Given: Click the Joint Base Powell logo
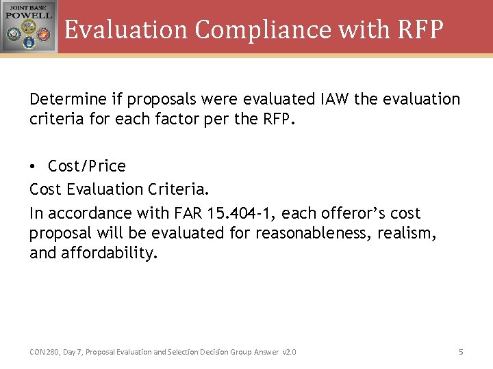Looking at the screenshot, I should tap(29, 27).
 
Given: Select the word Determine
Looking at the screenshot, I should tap(66, 100).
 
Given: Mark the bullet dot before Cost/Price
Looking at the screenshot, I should tap(34, 167).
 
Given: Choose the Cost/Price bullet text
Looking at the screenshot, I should tap(87, 166).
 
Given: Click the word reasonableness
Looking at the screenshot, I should tap(315, 234).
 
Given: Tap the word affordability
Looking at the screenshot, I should tap(110, 254).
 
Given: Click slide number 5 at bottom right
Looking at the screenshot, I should tap(461, 352).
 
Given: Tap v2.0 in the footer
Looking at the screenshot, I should tap(290, 352).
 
